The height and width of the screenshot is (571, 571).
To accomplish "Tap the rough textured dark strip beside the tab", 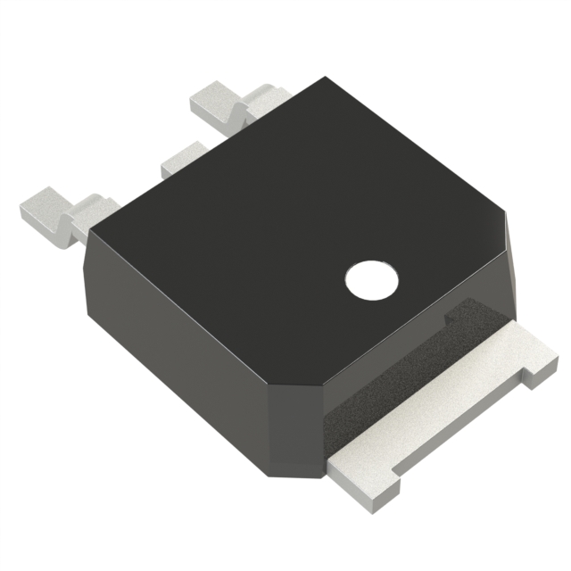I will [393, 375].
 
